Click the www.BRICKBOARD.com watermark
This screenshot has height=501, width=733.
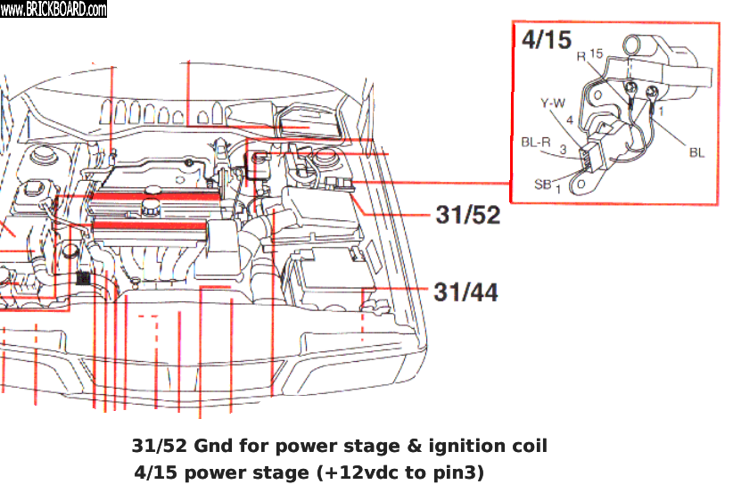pos(54,9)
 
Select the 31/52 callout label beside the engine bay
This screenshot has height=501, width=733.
pos(467,216)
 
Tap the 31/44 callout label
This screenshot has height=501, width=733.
pos(465,292)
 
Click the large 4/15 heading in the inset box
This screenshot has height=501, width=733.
pos(546,41)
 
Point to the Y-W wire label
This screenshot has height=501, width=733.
pos(553,103)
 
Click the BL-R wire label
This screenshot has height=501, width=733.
pos(536,141)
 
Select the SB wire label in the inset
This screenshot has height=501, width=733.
pos(541,184)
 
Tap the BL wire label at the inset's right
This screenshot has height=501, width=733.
pos(696,152)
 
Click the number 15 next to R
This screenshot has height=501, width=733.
pos(597,54)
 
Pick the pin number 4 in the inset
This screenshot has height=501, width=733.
pos(569,119)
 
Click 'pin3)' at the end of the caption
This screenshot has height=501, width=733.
pos(458,472)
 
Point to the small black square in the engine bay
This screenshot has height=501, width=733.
pos(84,277)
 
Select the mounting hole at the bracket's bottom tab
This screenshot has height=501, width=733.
pos(581,183)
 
